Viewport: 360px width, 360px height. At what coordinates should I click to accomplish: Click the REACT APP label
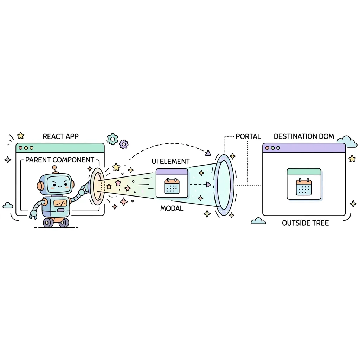coord(60,136)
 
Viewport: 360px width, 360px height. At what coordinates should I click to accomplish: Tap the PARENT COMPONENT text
coord(60,160)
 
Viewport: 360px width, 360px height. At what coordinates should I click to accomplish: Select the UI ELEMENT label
coord(171,161)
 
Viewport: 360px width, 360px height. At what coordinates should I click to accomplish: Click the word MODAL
coord(172,208)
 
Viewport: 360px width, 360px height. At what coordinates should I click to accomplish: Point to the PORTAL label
coord(248,136)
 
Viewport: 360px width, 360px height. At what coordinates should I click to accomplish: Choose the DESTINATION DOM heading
coord(304,136)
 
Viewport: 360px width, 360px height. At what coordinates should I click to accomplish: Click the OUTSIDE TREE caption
coord(306,223)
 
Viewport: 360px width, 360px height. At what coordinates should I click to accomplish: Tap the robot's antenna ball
coord(54,168)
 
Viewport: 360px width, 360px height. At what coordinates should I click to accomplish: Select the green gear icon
coord(112,139)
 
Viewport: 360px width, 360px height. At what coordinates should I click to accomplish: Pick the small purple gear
coord(124,144)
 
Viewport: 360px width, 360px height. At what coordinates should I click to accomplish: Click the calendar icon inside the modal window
coord(172,186)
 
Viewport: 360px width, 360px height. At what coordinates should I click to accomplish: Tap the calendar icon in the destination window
coord(304,187)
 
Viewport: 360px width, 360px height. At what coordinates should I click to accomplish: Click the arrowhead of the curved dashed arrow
coord(208,153)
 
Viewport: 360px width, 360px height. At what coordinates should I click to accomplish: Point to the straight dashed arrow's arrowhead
coord(208,184)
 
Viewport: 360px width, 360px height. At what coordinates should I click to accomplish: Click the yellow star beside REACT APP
coord(21,135)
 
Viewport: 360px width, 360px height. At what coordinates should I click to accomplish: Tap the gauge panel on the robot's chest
coord(60,203)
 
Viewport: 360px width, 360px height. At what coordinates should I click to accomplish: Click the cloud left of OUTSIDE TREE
coord(258,221)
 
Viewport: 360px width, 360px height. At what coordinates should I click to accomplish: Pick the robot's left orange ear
coord(40,186)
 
